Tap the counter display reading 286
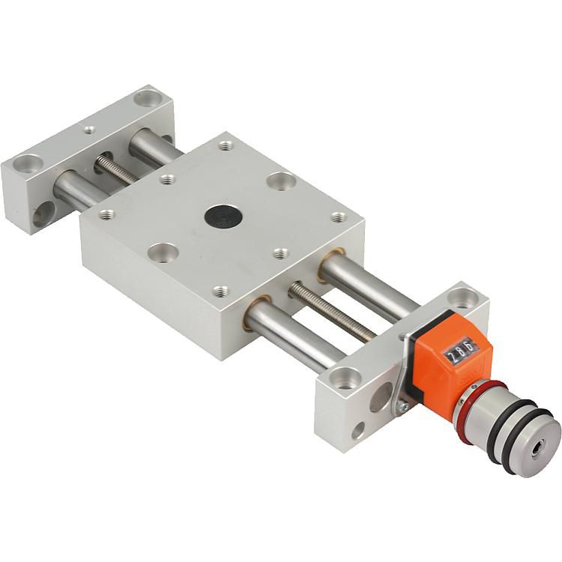[459, 350]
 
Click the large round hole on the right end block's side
[381, 397]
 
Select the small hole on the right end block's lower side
[358, 430]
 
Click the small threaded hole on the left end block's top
[89, 130]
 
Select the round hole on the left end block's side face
[43, 214]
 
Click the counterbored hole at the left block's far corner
[148, 97]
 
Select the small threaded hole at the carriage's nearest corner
[220, 291]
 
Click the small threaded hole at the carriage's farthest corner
[226, 145]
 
